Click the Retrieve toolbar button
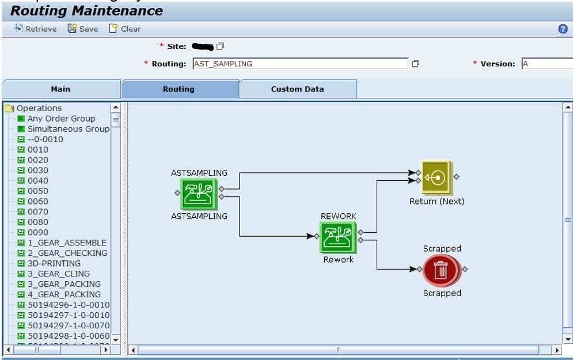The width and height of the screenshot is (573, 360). [x=36, y=29]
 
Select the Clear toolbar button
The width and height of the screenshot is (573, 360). [x=125, y=29]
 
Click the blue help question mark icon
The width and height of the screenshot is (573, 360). [x=563, y=29]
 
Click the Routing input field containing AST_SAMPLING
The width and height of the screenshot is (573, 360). [x=300, y=64]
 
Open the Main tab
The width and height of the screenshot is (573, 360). [x=60, y=89]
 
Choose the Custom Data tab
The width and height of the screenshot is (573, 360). [x=297, y=89]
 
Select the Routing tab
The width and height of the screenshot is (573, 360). [x=179, y=89]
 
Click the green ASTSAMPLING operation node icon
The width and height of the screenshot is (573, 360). [x=199, y=193]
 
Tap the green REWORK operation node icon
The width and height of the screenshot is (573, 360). [x=339, y=237]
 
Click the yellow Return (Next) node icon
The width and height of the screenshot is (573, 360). [x=436, y=177]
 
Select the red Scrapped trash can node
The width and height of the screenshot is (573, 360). [x=441, y=270]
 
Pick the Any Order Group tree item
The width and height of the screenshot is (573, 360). [x=61, y=119]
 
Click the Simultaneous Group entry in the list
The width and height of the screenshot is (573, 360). [x=68, y=129]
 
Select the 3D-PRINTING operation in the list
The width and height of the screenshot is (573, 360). [x=54, y=263]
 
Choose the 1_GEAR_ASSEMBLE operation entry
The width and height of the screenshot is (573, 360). [x=67, y=242]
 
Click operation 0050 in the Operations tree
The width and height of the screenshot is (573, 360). [x=38, y=191]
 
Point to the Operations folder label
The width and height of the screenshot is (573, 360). [x=39, y=108]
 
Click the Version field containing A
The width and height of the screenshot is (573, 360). [x=547, y=64]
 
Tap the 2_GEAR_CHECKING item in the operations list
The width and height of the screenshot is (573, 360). [x=67, y=253]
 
